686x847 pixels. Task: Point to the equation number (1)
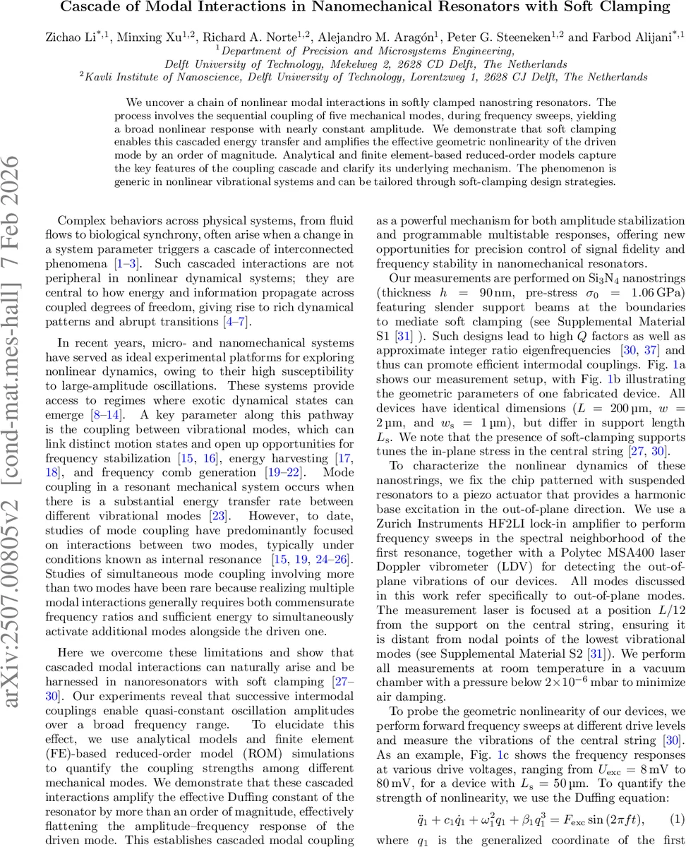coord(678,818)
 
